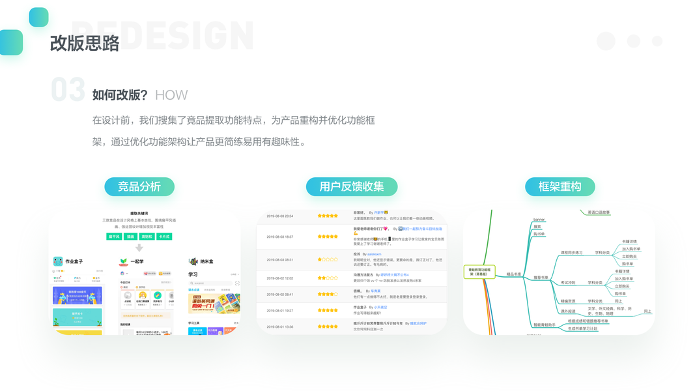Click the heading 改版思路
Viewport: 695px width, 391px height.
click(85, 43)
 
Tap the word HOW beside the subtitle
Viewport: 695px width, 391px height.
click(171, 95)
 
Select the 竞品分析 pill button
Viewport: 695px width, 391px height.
click(139, 186)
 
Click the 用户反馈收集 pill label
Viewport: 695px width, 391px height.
click(352, 186)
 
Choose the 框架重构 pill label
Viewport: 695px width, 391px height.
click(560, 186)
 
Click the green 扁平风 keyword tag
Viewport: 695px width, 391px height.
click(114, 237)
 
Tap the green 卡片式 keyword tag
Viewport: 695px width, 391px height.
click(164, 237)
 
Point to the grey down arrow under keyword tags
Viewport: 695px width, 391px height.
click(139, 248)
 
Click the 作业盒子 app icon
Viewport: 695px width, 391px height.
click(58, 261)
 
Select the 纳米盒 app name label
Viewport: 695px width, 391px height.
click(206, 261)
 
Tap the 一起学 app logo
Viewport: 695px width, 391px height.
click(123, 261)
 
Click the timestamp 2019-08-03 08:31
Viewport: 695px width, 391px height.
click(280, 259)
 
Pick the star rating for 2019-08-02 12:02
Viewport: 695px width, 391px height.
click(328, 278)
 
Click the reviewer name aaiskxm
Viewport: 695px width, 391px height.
click(374, 254)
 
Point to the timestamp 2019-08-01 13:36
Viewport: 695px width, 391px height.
click(280, 326)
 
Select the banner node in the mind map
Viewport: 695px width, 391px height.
click(539, 220)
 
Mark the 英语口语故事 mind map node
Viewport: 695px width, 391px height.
click(599, 212)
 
